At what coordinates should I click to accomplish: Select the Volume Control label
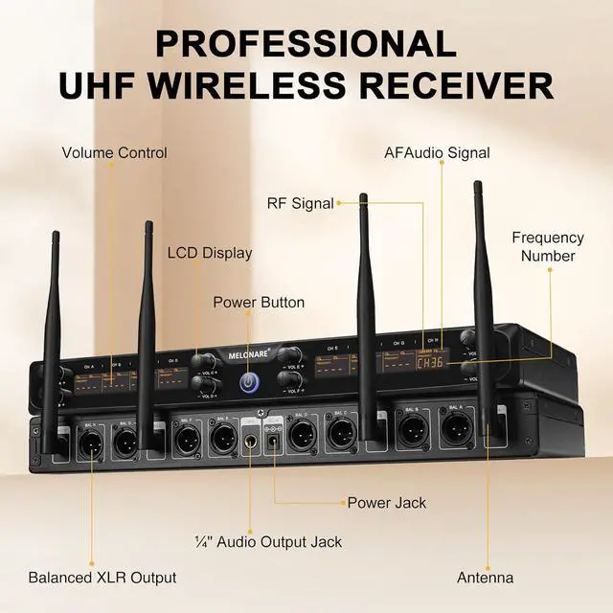pyautogui.click(x=115, y=152)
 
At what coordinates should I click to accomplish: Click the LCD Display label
pyautogui.click(x=210, y=253)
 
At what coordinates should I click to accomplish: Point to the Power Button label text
pyautogui.click(x=259, y=303)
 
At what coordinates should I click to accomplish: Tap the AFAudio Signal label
pyautogui.click(x=437, y=152)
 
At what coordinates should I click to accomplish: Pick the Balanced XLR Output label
pyautogui.click(x=102, y=578)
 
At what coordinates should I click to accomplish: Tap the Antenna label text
pyautogui.click(x=485, y=578)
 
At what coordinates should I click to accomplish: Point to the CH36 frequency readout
pyautogui.click(x=431, y=363)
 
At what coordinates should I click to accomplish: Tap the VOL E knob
pyautogui.click(x=284, y=356)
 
